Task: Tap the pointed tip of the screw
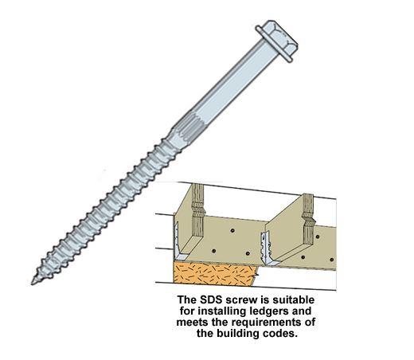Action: click(x=33, y=284)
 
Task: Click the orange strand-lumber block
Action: click(x=215, y=273)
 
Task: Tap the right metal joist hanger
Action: click(x=268, y=248)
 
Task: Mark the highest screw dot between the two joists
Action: click(x=232, y=230)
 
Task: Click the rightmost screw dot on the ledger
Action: click(x=331, y=260)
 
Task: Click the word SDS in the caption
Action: click(x=209, y=299)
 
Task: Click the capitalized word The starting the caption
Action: click(x=187, y=299)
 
